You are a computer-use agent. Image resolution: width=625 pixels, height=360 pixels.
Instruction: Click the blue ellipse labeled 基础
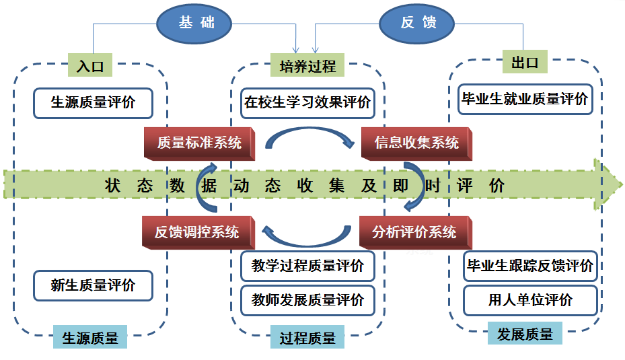click(194, 23)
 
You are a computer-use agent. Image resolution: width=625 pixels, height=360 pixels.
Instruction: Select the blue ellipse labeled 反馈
click(418, 23)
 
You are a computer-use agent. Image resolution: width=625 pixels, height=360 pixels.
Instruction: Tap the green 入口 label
click(89, 66)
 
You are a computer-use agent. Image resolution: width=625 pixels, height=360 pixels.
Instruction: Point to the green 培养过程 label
click(307, 66)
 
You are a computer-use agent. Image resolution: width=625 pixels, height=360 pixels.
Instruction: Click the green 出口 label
click(525, 63)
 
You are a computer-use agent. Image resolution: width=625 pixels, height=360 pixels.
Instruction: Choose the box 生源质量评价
click(93, 103)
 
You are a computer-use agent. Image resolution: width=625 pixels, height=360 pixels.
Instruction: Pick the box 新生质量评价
click(93, 285)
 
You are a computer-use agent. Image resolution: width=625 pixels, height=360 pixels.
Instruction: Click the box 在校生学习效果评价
click(307, 103)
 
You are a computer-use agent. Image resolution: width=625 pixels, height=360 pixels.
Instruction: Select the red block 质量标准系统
click(198, 143)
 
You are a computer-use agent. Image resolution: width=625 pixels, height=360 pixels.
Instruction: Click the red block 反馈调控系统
click(196, 233)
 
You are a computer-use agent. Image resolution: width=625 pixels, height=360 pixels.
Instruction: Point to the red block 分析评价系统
click(414, 233)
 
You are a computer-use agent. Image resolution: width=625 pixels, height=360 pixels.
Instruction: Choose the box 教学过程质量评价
click(307, 266)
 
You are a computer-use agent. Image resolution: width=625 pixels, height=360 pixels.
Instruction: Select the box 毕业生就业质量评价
click(525, 99)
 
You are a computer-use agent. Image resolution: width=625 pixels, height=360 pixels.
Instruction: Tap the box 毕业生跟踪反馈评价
click(530, 266)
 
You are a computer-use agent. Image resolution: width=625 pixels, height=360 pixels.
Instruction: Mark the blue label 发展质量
click(525, 334)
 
